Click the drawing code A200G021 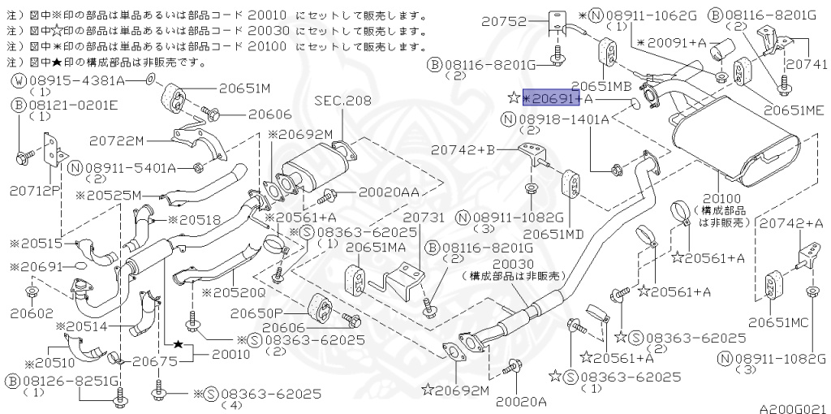[x=792, y=403]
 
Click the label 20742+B [x=463, y=150]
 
